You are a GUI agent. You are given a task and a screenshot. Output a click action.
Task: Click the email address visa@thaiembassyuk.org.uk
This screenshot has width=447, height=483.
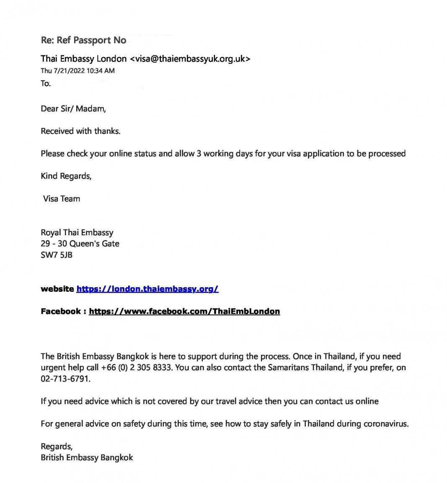coord(191,59)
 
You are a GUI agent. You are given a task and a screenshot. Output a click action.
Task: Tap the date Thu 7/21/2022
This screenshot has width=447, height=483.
coord(63,71)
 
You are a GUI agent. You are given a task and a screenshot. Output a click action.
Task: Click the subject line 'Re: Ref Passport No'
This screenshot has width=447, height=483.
coord(83,40)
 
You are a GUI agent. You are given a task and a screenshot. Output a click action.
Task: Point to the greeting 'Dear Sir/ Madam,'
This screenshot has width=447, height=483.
coord(73,109)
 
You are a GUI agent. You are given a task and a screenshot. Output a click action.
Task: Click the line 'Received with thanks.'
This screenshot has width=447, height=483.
coord(80,131)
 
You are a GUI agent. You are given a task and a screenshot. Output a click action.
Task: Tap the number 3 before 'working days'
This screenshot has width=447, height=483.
coord(199,154)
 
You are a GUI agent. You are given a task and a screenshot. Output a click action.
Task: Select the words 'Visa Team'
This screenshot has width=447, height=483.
coord(62,199)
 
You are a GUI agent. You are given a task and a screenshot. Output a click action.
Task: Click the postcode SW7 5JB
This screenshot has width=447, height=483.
coord(57,255)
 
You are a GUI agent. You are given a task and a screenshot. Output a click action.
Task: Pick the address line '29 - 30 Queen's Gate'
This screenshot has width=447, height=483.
coord(80,244)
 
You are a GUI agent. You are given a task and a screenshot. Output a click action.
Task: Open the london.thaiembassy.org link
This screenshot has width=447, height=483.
coord(147,289)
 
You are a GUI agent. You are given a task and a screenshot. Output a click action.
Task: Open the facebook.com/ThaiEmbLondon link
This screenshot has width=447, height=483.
coord(184,312)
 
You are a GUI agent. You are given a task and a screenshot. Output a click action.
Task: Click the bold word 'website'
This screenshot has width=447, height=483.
coord(57,289)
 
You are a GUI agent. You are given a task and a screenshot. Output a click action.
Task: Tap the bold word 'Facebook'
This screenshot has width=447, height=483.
coord(60,312)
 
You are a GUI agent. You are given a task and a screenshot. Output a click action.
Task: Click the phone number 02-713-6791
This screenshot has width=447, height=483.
coord(65,379)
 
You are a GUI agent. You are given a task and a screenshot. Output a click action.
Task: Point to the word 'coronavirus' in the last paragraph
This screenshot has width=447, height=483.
coord(385,424)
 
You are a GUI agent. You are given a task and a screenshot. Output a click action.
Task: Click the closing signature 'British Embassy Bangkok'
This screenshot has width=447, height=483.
coord(87,457)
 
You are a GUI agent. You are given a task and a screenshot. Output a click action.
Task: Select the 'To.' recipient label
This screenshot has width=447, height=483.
coord(46,83)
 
